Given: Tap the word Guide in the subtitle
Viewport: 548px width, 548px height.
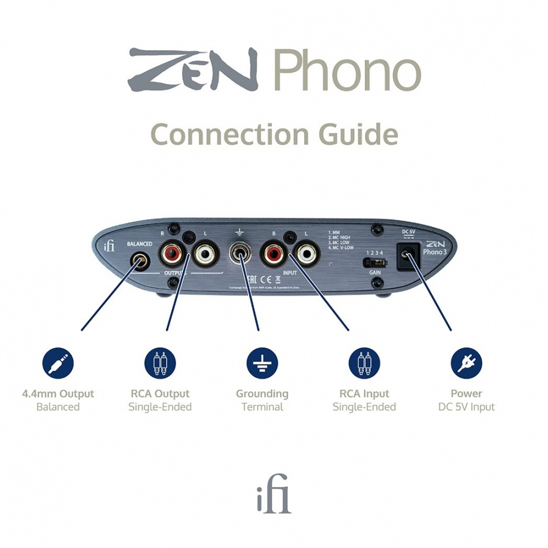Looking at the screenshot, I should pos(358,134).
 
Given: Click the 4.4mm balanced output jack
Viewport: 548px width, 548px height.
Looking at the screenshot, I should pos(139,260).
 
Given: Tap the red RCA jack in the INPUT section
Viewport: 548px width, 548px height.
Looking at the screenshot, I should pos(272,253).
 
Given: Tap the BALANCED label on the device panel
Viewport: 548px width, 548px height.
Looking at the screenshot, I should pos(139,244).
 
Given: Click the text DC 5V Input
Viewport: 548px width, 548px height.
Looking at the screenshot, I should pos(466,407).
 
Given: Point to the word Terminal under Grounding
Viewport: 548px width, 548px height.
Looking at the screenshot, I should pos(262,407).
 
